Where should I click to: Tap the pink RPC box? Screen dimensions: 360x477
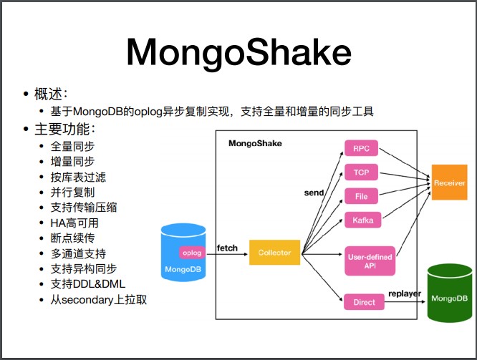(x=361, y=150)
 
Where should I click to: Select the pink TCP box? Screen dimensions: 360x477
(x=361, y=172)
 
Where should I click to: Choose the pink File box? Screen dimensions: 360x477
(x=361, y=196)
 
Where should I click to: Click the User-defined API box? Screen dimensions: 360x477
(x=369, y=262)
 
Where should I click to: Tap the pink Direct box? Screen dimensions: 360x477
(x=364, y=302)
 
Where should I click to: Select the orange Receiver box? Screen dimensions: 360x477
(x=449, y=184)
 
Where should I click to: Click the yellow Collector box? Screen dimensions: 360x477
(x=274, y=253)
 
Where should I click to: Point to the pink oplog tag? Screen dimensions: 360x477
(x=192, y=253)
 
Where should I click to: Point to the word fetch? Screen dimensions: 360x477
(x=227, y=248)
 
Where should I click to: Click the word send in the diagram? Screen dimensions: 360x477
(x=314, y=193)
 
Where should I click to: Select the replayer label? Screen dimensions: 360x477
(x=405, y=293)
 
